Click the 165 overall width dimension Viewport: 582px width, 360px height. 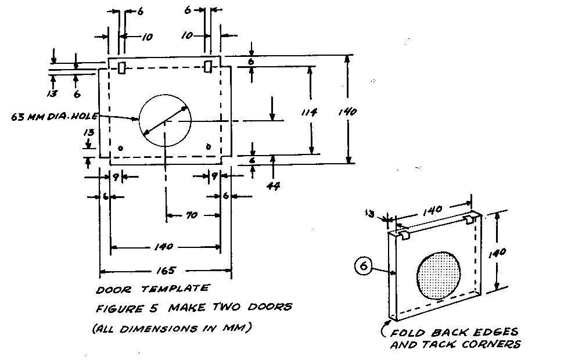pos(167,271)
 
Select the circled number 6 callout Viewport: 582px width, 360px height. pos(363,267)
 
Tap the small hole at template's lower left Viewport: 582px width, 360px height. pos(120,148)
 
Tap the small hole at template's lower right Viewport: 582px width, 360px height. pos(209,147)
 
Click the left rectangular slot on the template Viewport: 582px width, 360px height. pos(121,68)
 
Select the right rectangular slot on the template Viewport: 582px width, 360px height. pos(208,67)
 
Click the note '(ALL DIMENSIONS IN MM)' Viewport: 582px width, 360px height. pos(171,329)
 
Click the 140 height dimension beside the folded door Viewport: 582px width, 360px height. pos(504,252)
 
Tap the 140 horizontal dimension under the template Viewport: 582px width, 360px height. pos(164,247)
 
